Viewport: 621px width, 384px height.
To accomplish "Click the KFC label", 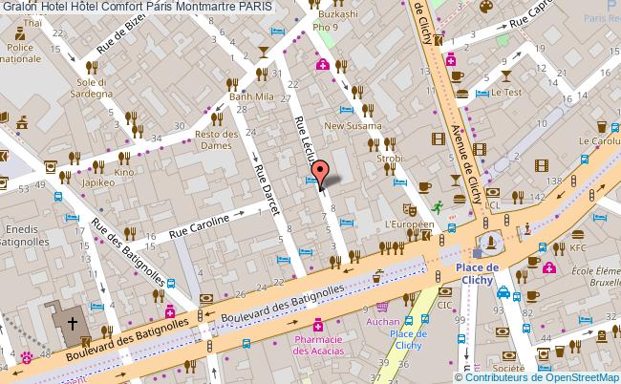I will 578,247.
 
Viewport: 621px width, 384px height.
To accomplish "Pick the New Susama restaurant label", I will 353,125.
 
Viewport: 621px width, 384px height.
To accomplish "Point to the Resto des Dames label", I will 216,140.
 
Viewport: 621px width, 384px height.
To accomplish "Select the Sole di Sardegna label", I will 96,88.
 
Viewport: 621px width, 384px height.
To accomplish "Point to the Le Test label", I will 506,94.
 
